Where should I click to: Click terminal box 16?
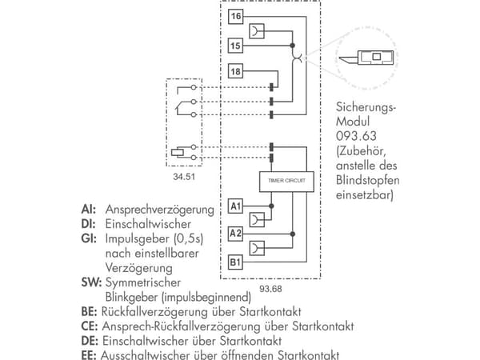pos(235,17)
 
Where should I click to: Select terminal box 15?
pos(235,46)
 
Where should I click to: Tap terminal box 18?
pos(235,71)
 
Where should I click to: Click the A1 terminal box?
pos(235,206)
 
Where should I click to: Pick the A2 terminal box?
pos(235,234)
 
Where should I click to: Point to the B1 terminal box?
pos(235,262)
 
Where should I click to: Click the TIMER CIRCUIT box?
pos(286,182)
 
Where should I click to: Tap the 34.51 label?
pos(184,177)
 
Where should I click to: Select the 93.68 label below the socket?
pos(270,289)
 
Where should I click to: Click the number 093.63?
pos(356,136)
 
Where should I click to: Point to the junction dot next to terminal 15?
pos(292,46)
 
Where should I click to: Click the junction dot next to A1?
pos(271,206)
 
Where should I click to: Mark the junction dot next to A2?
pos(292,234)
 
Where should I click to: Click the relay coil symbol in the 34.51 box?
pos(178,152)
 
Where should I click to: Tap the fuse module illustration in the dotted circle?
pos(366,58)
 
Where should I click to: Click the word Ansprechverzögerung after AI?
pos(159,210)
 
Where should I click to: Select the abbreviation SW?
pos(91,282)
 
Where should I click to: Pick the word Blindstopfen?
pos(368,180)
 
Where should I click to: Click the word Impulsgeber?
pos(138,239)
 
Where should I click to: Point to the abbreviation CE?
pos(90,326)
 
